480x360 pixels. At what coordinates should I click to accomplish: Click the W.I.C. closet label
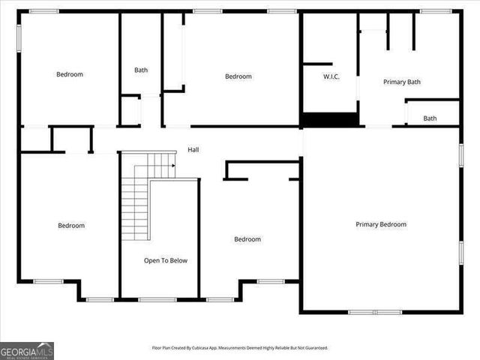point(331,76)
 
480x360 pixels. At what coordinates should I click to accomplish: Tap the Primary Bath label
point(402,82)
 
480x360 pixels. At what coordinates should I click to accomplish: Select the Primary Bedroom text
point(381,224)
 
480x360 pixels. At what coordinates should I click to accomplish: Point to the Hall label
point(193,150)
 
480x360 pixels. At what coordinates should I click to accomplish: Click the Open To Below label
point(166,261)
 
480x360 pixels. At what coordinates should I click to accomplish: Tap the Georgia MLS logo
point(27,350)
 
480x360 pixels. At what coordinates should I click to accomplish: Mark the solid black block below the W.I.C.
point(329,120)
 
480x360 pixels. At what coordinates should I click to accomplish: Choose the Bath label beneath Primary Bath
point(430,118)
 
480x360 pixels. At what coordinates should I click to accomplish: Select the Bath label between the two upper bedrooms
point(141,70)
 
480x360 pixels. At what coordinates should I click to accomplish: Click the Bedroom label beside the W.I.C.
point(238,76)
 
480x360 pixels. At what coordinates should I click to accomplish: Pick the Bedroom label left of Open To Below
point(71,226)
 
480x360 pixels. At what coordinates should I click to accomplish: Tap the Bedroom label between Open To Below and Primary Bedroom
point(247,239)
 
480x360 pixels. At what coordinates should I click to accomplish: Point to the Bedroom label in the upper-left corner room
point(70,74)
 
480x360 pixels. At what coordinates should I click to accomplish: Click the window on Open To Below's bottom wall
point(157,300)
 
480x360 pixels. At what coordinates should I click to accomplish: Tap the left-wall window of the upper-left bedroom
point(19,37)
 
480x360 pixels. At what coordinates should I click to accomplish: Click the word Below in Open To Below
point(178,261)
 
